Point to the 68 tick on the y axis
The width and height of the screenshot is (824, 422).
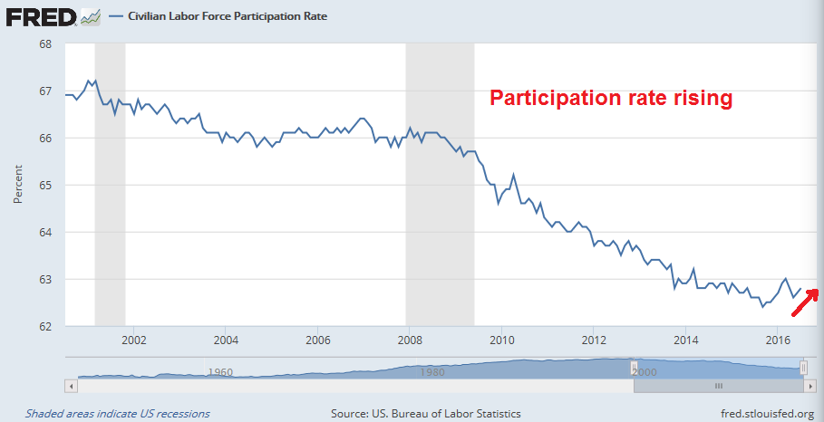[x=44, y=44]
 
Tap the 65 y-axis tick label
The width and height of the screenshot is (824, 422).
[x=44, y=185]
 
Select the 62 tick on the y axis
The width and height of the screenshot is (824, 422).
[x=44, y=326]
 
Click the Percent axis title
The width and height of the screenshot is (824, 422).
[x=18, y=185]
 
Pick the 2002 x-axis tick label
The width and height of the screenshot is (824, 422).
[x=133, y=340]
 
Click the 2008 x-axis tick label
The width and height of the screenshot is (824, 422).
[x=410, y=340]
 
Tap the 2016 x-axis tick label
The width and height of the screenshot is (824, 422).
[x=778, y=340]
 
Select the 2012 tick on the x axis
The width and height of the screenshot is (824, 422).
[x=594, y=340]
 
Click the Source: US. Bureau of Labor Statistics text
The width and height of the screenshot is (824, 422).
[x=426, y=413]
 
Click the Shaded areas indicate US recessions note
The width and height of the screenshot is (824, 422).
[x=117, y=413]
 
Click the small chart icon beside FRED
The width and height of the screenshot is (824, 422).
[x=91, y=16]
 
